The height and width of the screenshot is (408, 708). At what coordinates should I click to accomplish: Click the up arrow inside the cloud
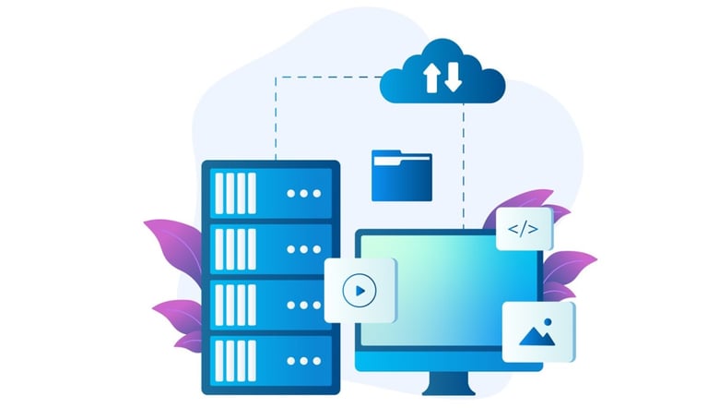click(431, 78)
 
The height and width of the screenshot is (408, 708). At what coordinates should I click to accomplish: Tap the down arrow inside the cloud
click(452, 78)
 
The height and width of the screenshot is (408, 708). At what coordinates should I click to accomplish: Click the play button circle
click(359, 292)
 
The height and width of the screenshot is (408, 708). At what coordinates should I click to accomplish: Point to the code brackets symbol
click(524, 229)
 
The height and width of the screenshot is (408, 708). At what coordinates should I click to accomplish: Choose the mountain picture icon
click(538, 332)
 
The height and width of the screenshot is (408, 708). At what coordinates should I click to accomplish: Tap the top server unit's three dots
click(303, 194)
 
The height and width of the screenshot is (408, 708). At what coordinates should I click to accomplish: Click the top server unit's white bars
click(235, 194)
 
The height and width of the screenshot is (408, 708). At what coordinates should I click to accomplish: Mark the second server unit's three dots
click(303, 249)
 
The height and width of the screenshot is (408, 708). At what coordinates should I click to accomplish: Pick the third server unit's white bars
click(235, 304)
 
